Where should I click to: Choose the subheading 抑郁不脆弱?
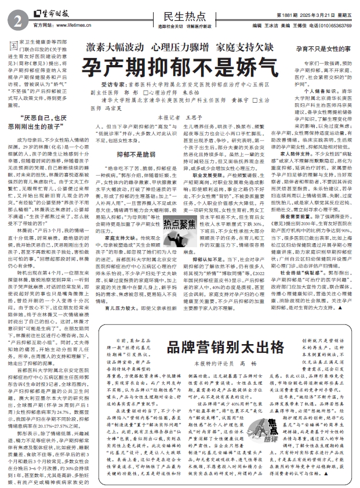coord(122,154)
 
